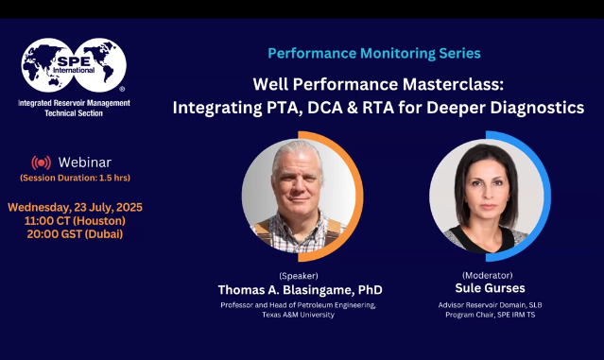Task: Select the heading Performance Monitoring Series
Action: (373, 53)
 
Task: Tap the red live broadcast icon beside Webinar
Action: (41, 163)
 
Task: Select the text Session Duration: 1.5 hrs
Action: (75, 178)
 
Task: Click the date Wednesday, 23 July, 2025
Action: (75, 207)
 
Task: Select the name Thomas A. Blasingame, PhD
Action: (300, 289)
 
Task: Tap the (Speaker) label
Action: (300, 274)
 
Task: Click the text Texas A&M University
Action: (300, 315)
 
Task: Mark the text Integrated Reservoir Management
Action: (74, 102)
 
